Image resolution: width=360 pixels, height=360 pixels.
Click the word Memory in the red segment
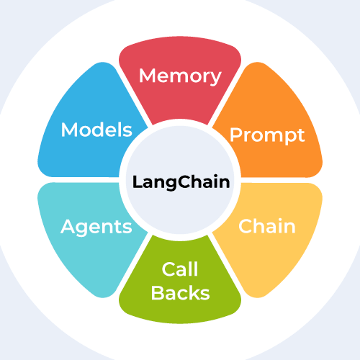(180, 75)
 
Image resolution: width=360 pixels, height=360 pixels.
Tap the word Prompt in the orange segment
(267, 135)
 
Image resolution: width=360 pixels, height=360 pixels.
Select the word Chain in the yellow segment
(267, 226)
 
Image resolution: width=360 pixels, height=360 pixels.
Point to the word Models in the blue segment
(96, 130)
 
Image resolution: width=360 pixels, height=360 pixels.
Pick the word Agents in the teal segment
(96, 227)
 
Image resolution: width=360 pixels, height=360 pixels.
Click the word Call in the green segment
(180, 270)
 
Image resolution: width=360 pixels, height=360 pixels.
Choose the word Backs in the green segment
(180, 293)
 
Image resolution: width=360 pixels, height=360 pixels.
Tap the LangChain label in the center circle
(181, 181)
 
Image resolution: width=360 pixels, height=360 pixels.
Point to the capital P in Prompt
(235, 134)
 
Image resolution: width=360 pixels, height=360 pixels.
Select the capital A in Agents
(67, 227)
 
